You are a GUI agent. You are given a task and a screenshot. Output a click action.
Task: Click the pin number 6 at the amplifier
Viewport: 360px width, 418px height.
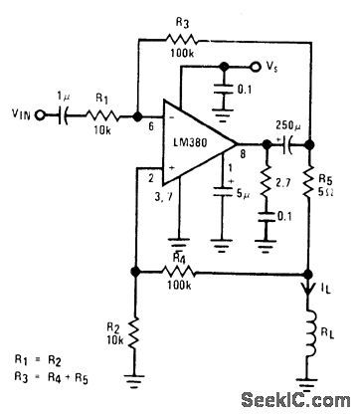[x=149, y=127]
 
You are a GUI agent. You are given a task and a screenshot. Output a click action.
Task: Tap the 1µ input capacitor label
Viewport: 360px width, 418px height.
[x=65, y=96]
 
